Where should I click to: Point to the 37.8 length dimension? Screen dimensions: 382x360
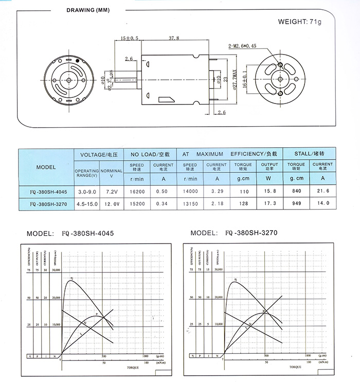[174, 38]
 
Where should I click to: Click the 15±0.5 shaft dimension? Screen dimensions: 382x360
[130, 38]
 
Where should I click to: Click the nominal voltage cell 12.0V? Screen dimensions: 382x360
[112, 204]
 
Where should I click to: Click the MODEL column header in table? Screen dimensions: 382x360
[46, 167]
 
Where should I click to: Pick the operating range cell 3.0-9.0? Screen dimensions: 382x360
[86, 191]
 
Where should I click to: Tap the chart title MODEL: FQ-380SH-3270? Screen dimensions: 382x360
[234, 233]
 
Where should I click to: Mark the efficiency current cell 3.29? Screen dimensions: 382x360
[217, 191]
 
